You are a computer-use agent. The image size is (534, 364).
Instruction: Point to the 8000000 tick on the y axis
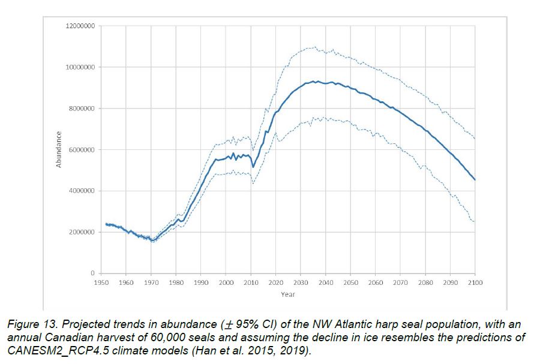pyautogui.click(x=82, y=109)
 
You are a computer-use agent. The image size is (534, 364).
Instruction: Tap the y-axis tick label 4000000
pyautogui.click(x=82, y=191)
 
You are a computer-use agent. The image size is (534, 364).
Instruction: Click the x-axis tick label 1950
pyautogui.click(x=101, y=282)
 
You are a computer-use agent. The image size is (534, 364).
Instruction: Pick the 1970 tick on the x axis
pyautogui.click(x=151, y=282)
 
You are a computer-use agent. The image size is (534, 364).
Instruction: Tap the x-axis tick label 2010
pyautogui.click(x=251, y=282)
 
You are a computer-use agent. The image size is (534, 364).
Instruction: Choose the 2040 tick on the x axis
pyautogui.click(x=326, y=282)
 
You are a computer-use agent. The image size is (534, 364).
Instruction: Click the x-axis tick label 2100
pyautogui.click(x=475, y=282)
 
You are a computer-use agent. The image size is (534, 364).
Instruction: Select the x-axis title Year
pyautogui.click(x=288, y=294)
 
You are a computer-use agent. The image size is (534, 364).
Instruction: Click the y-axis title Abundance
pyautogui.click(x=59, y=149)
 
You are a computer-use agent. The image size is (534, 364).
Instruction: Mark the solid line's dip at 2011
pyautogui.click(x=253, y=167)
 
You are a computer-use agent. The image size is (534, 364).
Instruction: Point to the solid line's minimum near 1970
pyautogui.click(x=152, y=240)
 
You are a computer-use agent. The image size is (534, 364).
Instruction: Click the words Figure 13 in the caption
pyautogui.click(x=31, y=324)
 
